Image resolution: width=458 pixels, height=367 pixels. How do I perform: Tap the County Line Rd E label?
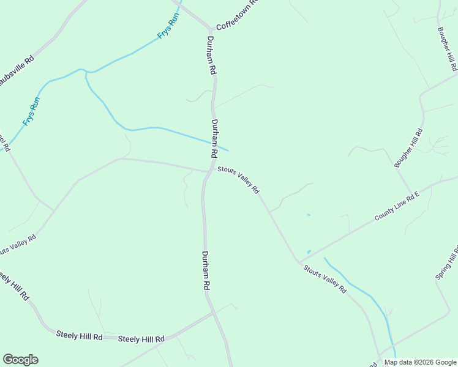point(397,207)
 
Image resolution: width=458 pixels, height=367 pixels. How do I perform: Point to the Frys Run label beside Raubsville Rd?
point(31,111)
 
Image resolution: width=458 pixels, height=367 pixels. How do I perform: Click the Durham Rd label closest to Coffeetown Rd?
point(211,55)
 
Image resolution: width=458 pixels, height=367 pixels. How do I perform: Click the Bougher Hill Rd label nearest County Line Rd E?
point(409,148)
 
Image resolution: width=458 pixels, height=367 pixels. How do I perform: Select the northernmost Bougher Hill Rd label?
point(448,49)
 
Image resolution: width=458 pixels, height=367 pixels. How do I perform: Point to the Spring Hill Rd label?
point(446,263)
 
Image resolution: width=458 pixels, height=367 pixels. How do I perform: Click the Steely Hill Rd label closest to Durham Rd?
point(141,339)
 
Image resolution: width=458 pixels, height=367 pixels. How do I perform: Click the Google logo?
point(20,360)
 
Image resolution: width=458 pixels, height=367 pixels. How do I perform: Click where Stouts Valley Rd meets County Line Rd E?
point(299,261)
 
